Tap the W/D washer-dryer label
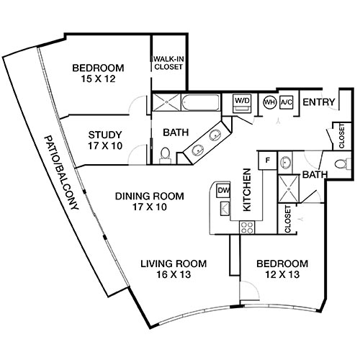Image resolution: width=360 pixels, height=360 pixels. [241, 101]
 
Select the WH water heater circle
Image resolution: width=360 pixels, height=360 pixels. [269, 102]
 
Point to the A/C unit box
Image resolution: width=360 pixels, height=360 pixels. [285, 102]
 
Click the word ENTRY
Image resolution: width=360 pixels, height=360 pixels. [318, 102]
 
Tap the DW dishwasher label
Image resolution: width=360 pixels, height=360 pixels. [222, 190]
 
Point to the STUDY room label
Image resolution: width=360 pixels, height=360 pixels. [104, 134]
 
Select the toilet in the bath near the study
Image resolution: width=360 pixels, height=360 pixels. [165, 153]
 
